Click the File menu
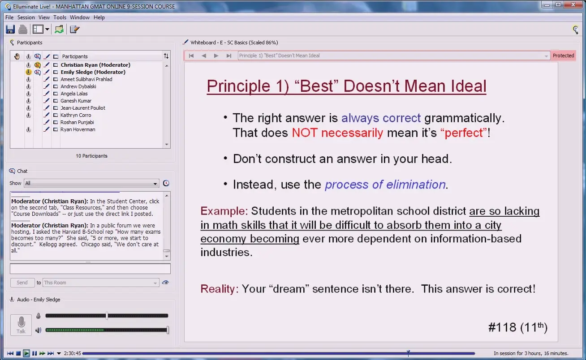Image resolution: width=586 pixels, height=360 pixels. [9, 17]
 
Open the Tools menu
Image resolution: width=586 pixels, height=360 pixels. [60, 17]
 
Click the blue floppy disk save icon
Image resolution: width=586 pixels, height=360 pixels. [10, 29]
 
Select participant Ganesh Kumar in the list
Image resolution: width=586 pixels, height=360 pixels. [76, 101]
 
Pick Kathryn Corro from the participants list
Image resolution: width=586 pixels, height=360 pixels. [76, 115]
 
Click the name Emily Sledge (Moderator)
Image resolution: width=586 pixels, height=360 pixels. [93, 72]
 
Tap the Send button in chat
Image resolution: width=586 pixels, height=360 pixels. [22, 283]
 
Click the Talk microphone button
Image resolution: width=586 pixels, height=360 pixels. [21, 325]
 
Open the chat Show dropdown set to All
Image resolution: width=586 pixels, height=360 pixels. [91, 183]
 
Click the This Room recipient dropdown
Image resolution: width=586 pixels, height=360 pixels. [101, 283]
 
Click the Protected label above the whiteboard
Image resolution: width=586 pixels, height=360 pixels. [563, 56]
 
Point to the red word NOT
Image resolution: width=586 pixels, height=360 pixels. [305, 133]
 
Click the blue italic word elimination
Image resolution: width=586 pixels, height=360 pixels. [416, 184]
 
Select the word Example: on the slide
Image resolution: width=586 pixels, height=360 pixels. [224, 211]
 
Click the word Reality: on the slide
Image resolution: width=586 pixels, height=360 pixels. [220, 289]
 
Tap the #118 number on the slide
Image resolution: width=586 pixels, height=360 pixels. [502, 327]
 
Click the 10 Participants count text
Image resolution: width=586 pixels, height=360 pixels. [91, 156]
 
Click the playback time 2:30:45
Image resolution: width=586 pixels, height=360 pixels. [73, 353]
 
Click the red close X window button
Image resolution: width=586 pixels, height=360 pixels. [573, 5]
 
